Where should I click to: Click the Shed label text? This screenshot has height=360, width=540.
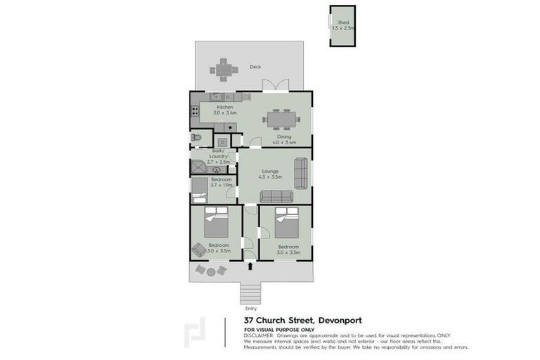point(343,22)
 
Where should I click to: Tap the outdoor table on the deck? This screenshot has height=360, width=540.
point(222,70)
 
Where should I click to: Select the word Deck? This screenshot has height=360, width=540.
point(255,67)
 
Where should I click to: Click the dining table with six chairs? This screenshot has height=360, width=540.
point(281,119)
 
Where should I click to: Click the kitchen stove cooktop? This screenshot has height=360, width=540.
point(195,110)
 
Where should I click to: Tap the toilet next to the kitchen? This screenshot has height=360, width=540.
point(197,137)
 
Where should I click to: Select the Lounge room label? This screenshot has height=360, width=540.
point(271,171)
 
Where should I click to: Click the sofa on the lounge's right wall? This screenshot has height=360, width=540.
point(300,173)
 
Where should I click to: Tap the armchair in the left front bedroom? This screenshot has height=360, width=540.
point(199,249)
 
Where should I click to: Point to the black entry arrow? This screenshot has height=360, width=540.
point(251,266)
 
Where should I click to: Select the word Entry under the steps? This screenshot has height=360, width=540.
point(251,308)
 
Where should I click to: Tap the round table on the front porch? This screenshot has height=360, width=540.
point(211,270)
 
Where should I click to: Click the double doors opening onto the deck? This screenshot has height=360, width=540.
point(275,85)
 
